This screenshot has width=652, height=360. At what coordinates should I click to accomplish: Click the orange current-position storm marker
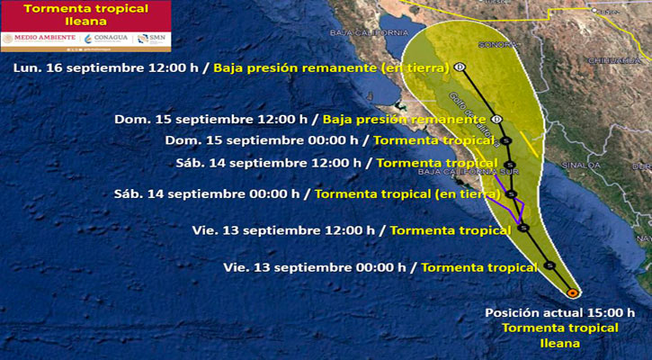click(x=573, y=292)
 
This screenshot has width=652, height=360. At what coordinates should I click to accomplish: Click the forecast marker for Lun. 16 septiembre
click(x=460, y=67)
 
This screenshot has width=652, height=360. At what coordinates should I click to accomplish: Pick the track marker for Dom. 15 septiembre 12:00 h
click(x=496, y=120)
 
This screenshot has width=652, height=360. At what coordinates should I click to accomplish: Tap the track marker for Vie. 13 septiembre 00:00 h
click(x=549, y=265)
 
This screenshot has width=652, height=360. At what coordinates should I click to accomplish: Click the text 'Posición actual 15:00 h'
click(x=559, y=313)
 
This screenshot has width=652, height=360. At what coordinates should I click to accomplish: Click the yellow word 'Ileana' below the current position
click(x=559, y=343)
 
